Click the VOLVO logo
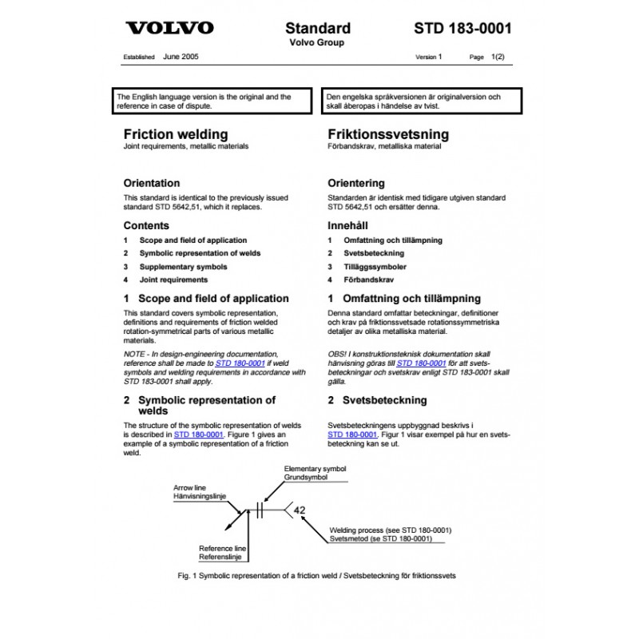[x=170, y=29]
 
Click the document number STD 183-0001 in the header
[x=463, y=28]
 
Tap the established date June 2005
[x=181, y=58]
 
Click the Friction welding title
[x=175, y=133]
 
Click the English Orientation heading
[x=152, y=183]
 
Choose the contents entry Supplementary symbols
[x=183, y=266]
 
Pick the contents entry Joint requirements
[x=173, y=280]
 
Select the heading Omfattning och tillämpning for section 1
[x=411, y=299]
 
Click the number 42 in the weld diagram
[x=300, y=510]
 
